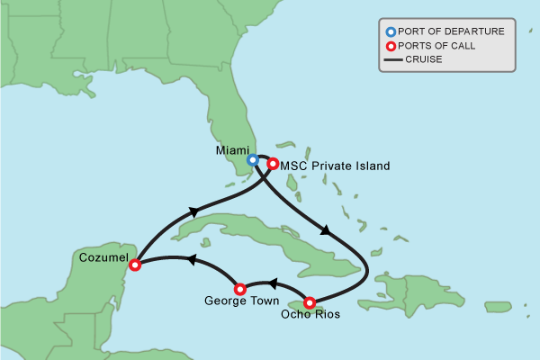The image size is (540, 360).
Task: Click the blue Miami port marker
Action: [x=253, y=160]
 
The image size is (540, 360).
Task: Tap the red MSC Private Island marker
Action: [x=273, y=165]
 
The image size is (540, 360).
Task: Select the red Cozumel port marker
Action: [x=135, y=265]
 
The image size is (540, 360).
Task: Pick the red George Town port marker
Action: [x=239, y=289]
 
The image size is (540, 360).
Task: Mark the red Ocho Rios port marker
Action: [x=310, y=302]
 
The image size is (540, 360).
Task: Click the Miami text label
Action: [x=233, y=150]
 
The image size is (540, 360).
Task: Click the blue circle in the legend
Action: [x=390, y=31]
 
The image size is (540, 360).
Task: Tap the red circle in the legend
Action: [x=390, y=46]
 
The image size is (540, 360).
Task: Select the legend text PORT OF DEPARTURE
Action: [x=451, y=31]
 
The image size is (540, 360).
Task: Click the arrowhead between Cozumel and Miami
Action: [x=193, y=211]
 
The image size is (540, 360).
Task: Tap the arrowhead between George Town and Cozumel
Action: [x=190, y=259]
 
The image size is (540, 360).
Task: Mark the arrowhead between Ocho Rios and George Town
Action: [x=273, y=284]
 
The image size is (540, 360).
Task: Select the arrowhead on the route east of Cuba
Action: [x=325, y=229]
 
